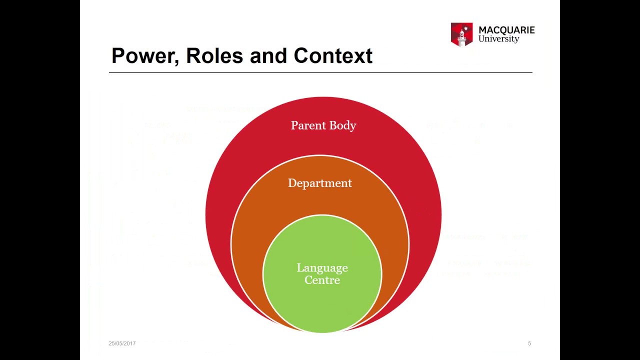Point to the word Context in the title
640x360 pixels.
coord(333,56)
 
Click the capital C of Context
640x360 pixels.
coord(301,56)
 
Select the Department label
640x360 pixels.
coord(320,183)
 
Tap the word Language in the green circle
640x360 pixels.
coord(322,268)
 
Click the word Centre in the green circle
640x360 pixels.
coord(322,280)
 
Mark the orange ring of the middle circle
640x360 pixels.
coord(250,225)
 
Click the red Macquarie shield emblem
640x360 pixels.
coord(461,34)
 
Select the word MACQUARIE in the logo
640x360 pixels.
coord(506,30)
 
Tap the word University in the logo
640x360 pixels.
coord(498,39)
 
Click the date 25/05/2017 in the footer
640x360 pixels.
coord(122,343)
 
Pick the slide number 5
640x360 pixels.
coord(529,343)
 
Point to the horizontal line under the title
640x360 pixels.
coord(320,72)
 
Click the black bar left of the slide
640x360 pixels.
coord(40,180)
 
